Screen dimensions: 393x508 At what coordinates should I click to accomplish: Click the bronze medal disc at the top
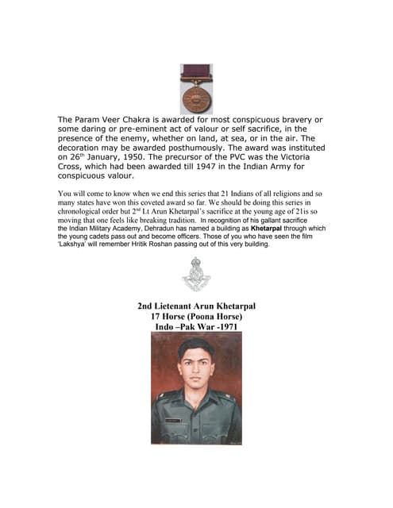196,96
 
